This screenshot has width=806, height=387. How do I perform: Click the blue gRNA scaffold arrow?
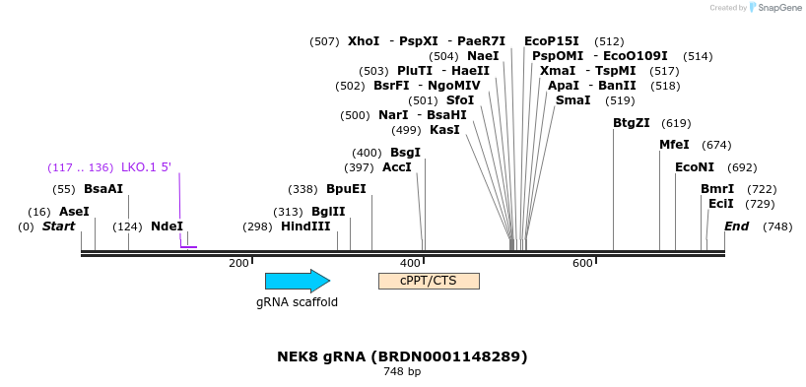pyautogui.click(x=297, y=281)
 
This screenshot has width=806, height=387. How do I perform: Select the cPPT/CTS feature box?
pyautogui.click(x=429, y=281)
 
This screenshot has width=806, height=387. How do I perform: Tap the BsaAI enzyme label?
pyautogui.click(x=103, y=188)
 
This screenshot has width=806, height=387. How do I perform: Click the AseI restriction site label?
pyautogui.click(x=74, y=211)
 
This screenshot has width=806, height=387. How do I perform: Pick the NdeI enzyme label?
pyautogui.click(x=167, y=226)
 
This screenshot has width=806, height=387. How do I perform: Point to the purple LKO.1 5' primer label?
pyautogui.click(x=146, y=166)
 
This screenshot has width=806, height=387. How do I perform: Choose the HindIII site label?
pyautogui.click(x=305, y=226)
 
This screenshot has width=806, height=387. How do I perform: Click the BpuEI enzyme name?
pyautogui.click(x=346, y=188)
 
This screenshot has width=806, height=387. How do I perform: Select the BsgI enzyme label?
pyautogui.click(x=405, y=152)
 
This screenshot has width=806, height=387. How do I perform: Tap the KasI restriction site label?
pyautogui.click(x=444, y=129)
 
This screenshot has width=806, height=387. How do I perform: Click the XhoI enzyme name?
pyautogui.click(x=364, y=40)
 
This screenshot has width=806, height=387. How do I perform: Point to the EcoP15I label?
pyautogui.click(x=552, y=40)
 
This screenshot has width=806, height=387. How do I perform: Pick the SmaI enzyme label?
pyautogui.click(x=572, y=99)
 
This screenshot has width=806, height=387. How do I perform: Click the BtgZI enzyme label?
pyautogui.click(x=632, y=122)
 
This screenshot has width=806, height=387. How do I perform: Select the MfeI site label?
pyautogui.click(x=674, y=144)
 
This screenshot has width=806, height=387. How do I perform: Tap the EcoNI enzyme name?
pyautogui.click(x=695, y=166)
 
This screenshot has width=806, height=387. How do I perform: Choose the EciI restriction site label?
pyautogui.click(x=721, y=203)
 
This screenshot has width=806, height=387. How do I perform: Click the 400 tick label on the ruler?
pyautogui.click(x=410, y=263)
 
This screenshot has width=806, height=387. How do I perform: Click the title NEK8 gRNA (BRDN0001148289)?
pyautogui.click(x=402, y=355)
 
